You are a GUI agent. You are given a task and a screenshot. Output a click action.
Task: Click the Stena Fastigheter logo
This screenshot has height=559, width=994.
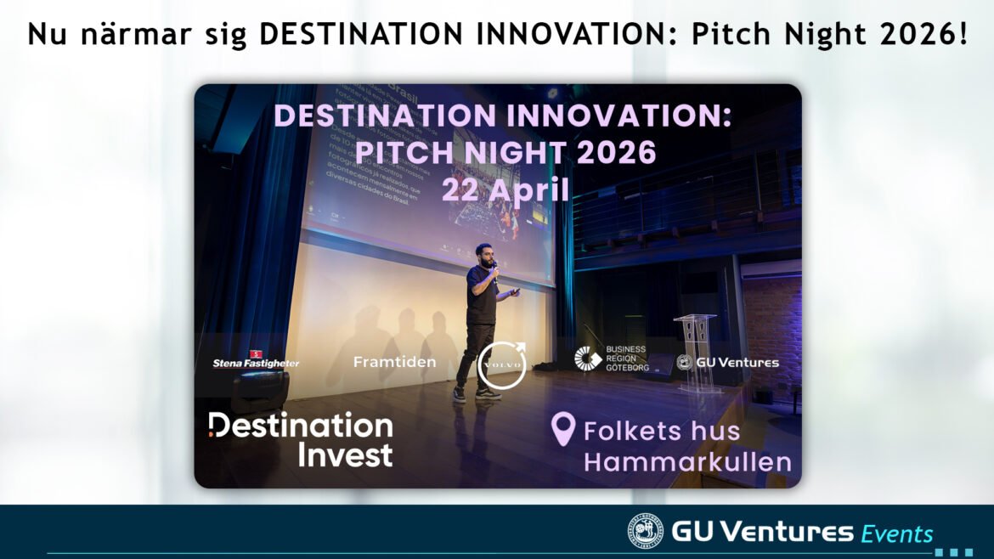(x=256, y=361)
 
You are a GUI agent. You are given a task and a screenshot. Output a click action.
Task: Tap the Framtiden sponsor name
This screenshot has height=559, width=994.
(x=394, y=363)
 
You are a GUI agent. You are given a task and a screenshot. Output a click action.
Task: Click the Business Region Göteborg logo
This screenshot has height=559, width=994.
(x=612, y=359)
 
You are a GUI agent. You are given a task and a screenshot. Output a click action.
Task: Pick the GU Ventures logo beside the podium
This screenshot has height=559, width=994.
(x=727, y=363)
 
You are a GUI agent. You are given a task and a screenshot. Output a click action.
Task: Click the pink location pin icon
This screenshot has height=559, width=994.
(x=562, y=430)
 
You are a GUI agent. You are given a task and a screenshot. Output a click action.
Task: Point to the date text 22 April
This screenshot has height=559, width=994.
(x=505, y=189)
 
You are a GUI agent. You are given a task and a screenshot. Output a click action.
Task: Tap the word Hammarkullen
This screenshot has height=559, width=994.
(x=687, y=463)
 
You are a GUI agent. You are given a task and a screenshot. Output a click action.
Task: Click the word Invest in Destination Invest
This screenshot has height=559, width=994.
(x=345, y=455)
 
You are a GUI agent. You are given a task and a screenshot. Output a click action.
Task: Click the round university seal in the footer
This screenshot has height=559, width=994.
(x=646, y=532)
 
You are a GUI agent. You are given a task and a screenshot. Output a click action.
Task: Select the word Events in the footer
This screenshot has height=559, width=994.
(x=896, y=534)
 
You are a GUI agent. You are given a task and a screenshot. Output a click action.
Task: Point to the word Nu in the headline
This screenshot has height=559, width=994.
(x=45, y=34)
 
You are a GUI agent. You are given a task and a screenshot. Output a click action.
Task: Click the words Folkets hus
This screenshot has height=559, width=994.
(x=662, y=431)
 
